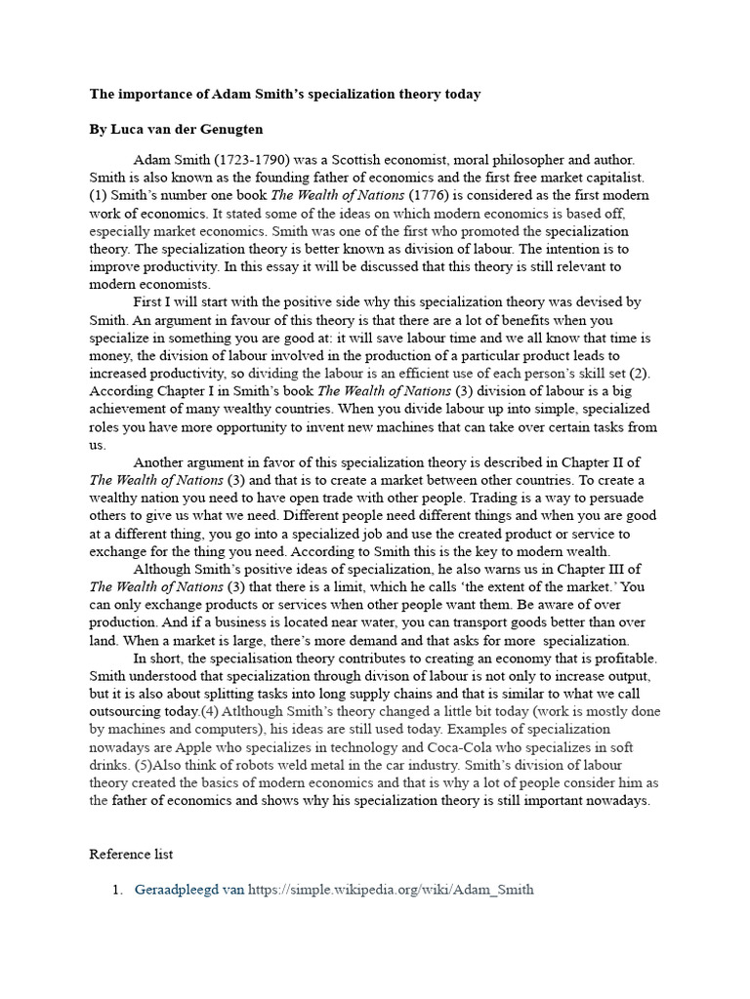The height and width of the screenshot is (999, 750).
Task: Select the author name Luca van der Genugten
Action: point(185,130)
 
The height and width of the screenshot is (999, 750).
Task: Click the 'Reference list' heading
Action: point(132,854)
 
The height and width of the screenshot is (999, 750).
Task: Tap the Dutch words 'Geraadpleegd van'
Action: point(188,890)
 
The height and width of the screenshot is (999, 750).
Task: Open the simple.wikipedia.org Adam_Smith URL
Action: point(391,890)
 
